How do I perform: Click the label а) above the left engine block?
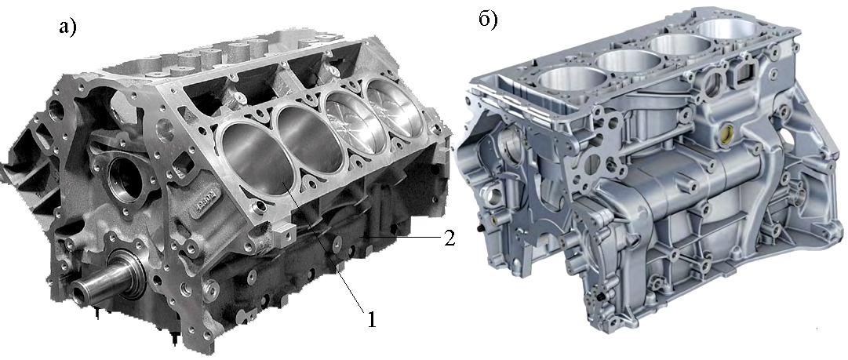[x=67, y=27]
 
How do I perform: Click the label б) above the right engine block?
[x=488, y=20]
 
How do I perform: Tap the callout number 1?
[x=372, y=319]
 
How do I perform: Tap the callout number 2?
[x=449, y=238]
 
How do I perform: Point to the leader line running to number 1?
[x=324, y=248]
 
